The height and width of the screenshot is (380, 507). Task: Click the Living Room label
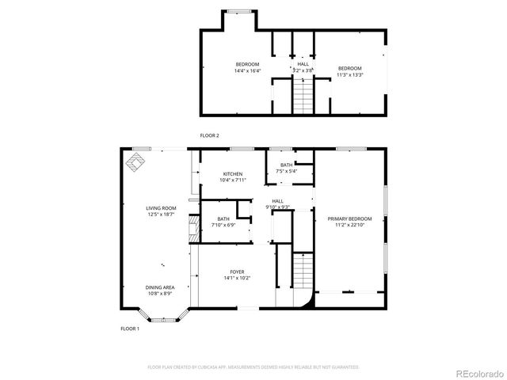coord(161,208)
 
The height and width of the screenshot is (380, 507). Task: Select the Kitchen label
coord(232,174)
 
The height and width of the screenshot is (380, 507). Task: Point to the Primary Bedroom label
coord(349,218)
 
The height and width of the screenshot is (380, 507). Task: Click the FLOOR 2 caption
coord(209,135)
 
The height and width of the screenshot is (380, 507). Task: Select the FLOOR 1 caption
coord(129,328)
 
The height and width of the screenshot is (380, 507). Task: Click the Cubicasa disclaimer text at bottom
coord(253,367)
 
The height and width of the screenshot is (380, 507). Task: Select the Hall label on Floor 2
coord(303,64)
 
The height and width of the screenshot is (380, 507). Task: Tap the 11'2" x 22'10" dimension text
coord(349,225)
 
